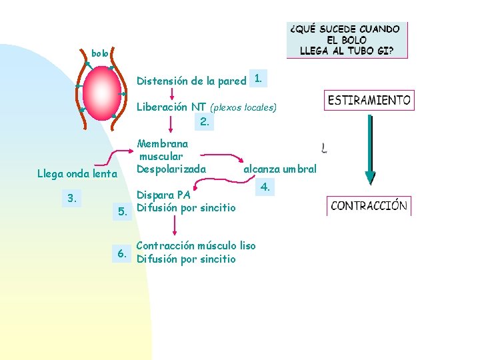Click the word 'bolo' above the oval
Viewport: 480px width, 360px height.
[x=99, y=53]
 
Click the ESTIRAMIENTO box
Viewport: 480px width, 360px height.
[x=369, y=101]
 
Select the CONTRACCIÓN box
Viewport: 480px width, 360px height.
[x=369, y=205]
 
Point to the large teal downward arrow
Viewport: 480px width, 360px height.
[x=369, y=149]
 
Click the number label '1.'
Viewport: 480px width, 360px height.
[x=258, y=79]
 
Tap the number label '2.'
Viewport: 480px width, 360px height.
[x=205, y=121]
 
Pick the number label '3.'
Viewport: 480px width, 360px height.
[x=73, y=197]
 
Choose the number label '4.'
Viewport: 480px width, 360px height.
[x=265, y=187]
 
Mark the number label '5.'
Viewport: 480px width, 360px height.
[x=122, y=212]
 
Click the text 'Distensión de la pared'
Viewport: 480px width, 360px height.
[x=191, y=81]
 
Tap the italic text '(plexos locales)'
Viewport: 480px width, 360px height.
[x=243, y=107]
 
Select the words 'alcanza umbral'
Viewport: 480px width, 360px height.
[x=280, y=169]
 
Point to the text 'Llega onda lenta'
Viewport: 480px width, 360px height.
[x=77, y=174]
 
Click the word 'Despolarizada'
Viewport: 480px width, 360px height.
[x=171, y=169]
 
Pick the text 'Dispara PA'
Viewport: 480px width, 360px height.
[x=163, y=195]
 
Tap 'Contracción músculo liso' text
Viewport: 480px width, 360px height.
[x=195, y=245]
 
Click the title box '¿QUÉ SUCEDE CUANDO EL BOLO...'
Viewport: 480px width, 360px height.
[x=346, y=40]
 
